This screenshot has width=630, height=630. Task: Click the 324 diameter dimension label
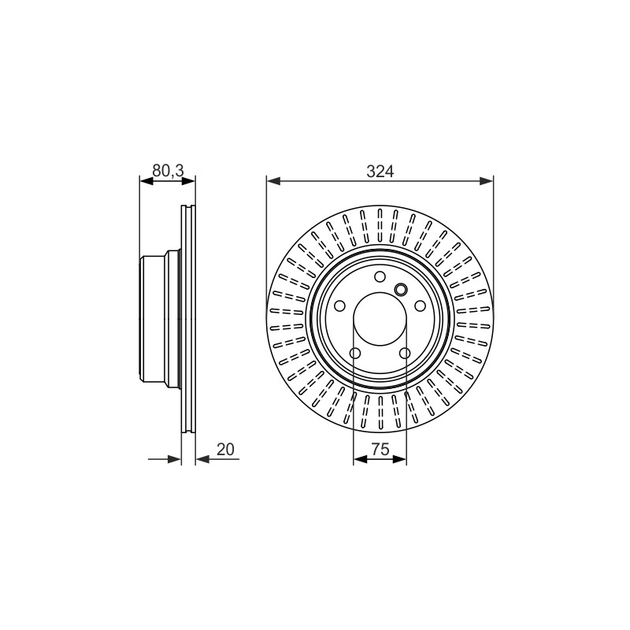pos(380,172)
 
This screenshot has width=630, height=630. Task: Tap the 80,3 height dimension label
pos(168,171)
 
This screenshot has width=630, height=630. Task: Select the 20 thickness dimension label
pos(225,449)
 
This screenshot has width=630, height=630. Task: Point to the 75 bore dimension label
pos(380,449)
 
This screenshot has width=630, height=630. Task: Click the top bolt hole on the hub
pos(380,276)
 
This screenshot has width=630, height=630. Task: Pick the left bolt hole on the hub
pos(339,306)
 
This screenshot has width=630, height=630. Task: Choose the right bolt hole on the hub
pos(420,306)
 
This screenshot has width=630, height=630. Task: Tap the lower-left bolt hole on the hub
pos(355,353)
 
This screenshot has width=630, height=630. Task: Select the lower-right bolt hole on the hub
pos(405,353)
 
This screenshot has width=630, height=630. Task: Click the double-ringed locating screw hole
pos(401,289)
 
